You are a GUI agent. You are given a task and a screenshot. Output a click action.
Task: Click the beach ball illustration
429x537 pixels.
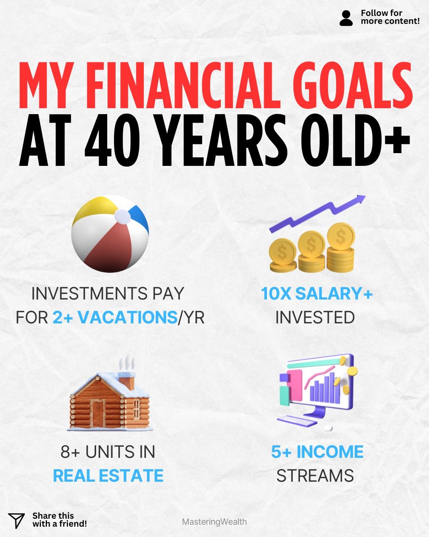tap(110, 234)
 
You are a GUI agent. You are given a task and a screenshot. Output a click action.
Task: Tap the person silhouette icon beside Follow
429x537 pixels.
tap(346, 18)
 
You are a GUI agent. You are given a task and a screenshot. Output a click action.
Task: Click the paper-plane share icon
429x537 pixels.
tap(16, 520)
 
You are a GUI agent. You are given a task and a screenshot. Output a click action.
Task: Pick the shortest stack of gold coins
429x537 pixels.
tap(283, 255)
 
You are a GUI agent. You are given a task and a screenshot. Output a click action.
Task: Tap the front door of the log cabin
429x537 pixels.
tap(97, 413)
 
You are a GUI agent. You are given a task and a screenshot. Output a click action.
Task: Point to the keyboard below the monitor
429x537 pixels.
tap(297, 421)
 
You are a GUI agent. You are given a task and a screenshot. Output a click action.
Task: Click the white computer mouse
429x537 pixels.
tap(328, 428)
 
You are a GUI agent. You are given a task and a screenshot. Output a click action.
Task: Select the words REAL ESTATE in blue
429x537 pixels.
tap(108, 476)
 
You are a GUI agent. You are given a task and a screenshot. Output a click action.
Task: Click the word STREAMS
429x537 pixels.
tap(315, 476)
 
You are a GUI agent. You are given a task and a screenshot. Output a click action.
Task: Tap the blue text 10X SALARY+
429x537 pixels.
tap(317, 294)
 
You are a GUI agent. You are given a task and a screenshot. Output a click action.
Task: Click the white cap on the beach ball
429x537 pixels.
tap(122, 216)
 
